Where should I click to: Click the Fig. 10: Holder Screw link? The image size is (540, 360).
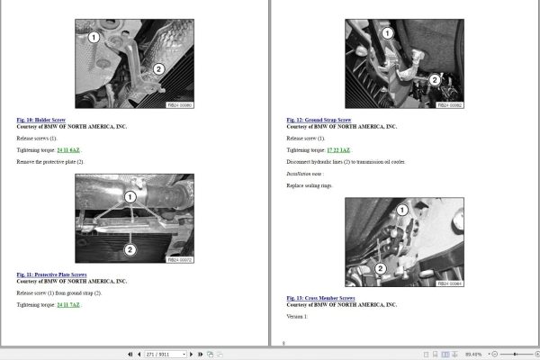tap(40, 119)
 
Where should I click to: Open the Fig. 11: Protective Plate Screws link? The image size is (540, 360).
tap(51, 274)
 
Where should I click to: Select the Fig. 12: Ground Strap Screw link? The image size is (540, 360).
tap(318, 119)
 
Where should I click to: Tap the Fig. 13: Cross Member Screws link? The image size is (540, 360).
tap(320, 297)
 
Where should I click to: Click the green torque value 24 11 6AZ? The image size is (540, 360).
tap(68, 150)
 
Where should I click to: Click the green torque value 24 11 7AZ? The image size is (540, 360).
tap(68, 305)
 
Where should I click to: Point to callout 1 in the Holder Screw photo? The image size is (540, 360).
tap(94, 38)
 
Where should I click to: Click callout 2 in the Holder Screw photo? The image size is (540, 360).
tap(158, 68)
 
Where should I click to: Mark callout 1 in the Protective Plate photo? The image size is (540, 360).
tap(130, 195)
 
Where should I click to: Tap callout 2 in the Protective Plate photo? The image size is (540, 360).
tap(130, 249)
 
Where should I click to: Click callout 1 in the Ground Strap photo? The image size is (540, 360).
tap(387, 32)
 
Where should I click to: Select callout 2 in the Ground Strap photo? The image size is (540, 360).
tap(434, 79)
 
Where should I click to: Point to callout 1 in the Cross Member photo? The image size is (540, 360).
tap(401, 209)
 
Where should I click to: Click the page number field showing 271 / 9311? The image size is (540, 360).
tap(166, 354)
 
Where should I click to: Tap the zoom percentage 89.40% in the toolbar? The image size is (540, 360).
tap(475, 354)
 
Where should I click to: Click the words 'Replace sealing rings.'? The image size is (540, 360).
tap(310, 184)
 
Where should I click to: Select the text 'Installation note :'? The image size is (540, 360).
tap(304, 172)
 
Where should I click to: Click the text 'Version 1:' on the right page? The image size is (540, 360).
tap(297, 317)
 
